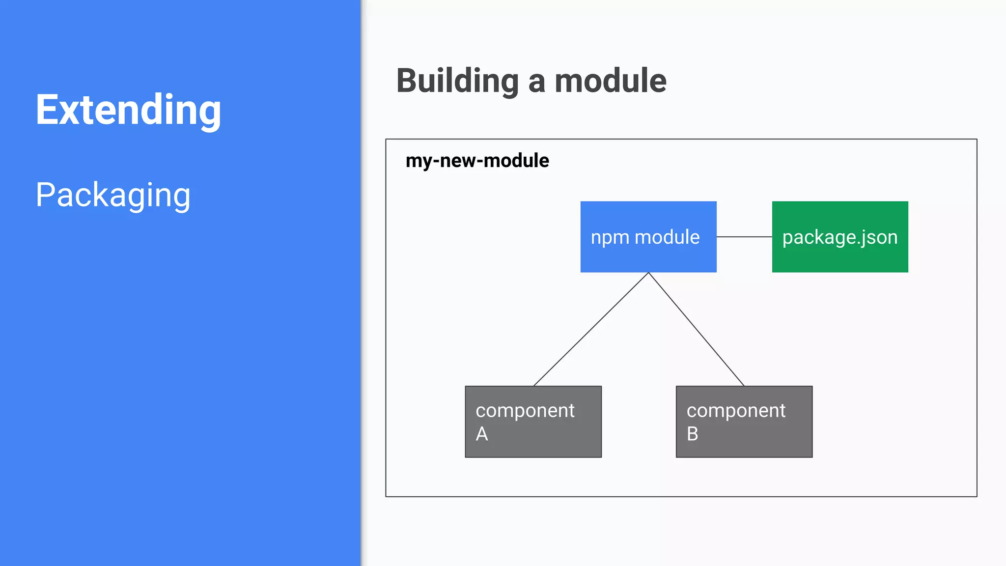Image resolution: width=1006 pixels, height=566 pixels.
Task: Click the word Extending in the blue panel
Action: (x=128, y=110)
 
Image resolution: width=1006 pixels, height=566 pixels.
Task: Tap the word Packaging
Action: (x=113, y=195)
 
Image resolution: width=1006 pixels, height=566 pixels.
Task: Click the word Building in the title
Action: (x=457, y=81)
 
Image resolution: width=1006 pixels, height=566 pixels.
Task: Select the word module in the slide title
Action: (x=610, y=81)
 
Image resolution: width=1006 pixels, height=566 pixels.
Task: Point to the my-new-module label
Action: (x=477, y=161)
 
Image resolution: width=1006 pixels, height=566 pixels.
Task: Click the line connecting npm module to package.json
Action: (x=744, y=237)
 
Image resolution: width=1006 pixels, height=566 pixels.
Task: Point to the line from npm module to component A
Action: (x=591, y=329)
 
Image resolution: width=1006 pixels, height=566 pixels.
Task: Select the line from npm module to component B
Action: (x=696, y=329)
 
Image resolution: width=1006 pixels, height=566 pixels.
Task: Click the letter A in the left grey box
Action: (x=482, y=434)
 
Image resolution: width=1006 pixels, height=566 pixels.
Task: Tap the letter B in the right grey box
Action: (x=692, y=434)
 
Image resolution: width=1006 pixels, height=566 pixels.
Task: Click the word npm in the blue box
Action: (x=610, y=238)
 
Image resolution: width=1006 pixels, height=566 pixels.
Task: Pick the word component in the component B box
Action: (x=736, y=411)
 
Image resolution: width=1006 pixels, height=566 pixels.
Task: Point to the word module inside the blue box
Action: (x=667, y=237)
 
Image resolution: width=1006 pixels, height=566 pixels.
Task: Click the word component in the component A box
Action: (x=525, y=411)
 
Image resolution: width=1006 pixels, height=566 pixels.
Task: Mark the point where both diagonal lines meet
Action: (x=648, y=273)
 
